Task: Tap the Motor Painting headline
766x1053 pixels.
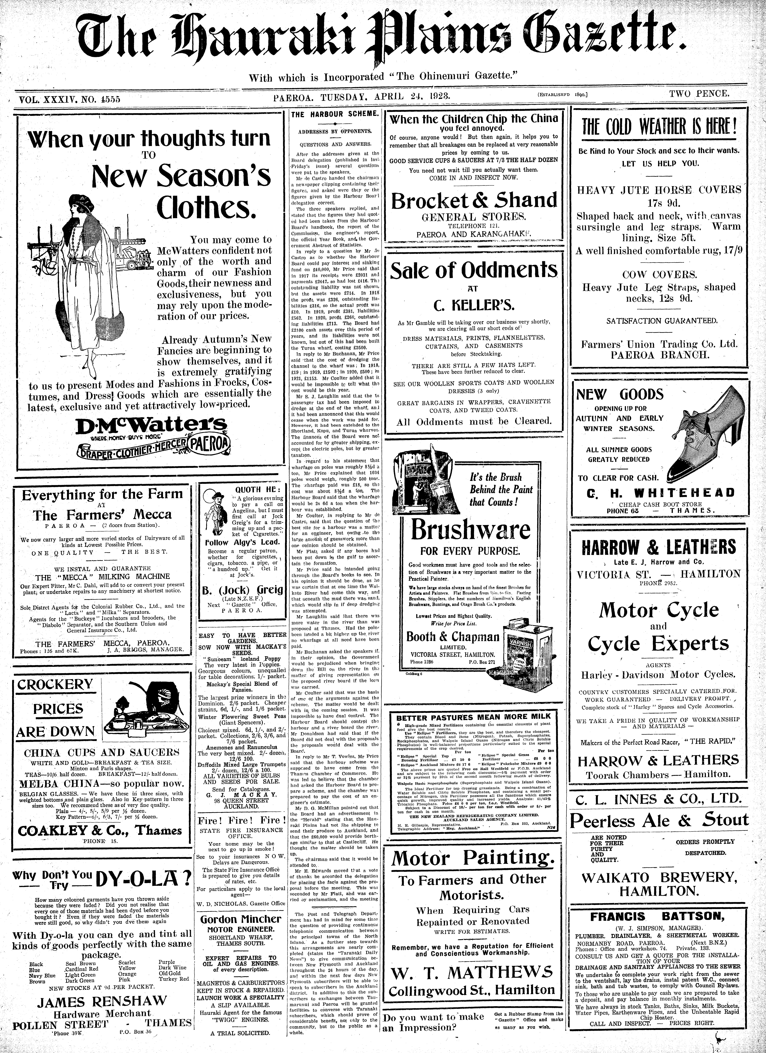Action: coord(473,858)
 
